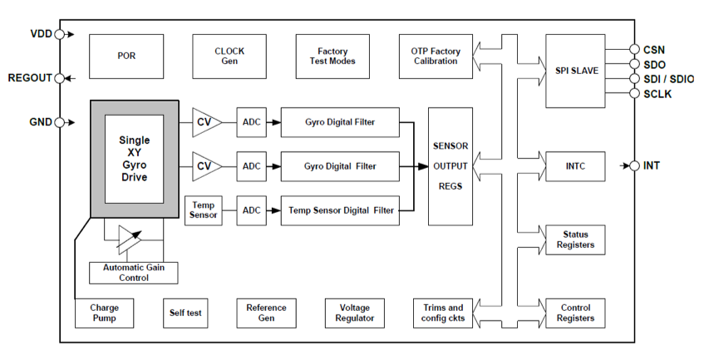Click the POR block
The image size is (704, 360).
tap(126, 56)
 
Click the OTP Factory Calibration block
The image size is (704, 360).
tap(435, 56)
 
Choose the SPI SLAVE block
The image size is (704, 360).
tap(576, 71)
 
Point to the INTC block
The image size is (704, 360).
tap(576, 166)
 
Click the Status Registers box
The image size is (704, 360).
tap(575, 239)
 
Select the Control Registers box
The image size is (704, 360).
tap(575, 313)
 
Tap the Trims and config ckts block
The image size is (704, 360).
tap(444, 313)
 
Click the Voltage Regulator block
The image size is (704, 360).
tap(355, 313)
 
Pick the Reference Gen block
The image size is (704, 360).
tap(266, 313)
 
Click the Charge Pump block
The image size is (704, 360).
tap(104, 313)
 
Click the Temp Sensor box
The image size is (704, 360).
tap(204, 210)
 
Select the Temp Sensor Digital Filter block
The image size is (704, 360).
tap(341, 210)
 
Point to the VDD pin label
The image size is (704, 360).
tap(40, 35)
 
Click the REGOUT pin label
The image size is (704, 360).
tap(30, 78)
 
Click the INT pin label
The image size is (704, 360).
tap(652, 166)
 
